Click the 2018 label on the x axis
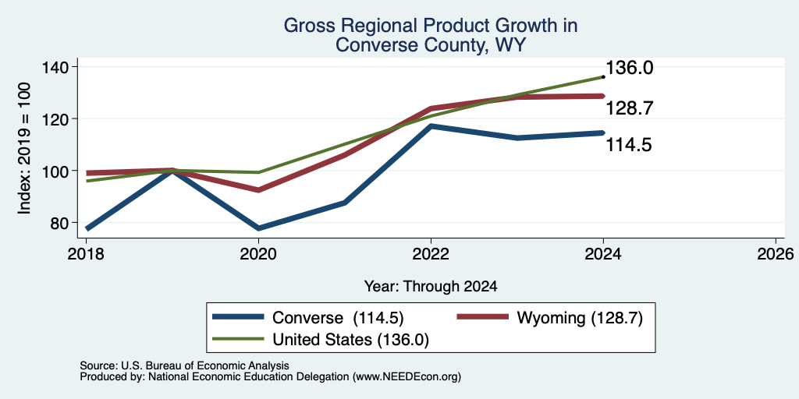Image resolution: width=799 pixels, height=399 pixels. (86, 254)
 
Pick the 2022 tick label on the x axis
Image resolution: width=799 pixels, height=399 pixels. (431, 254)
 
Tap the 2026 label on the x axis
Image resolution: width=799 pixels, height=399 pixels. (776, 254)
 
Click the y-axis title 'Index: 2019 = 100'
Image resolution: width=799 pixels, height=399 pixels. (24, 148)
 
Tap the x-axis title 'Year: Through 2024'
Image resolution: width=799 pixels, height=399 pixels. (431, 287)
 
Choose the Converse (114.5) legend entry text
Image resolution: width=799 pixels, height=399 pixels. (339, 318)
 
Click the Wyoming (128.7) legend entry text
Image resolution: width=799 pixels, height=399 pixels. (581, 318)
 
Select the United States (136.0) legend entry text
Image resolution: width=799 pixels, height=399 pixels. (350, 340)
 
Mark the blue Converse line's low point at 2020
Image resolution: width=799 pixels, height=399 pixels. (258, 228)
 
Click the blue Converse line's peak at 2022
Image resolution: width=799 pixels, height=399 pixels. (431, 125)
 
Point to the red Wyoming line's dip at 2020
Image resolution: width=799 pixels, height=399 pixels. (258, 190)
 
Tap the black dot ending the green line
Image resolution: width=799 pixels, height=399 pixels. (603, 77)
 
